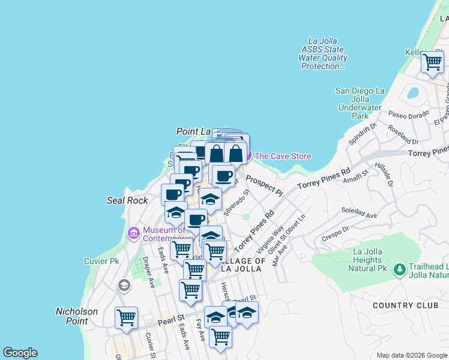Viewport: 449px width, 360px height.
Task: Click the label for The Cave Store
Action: click(283, 157)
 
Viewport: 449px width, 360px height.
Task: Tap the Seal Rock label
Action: click(127, 200)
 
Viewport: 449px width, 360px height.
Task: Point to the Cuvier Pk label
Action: click(101, 261)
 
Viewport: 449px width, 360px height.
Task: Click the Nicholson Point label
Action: click(77, 316)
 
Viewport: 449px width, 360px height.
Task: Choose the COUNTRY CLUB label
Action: click(405, 305)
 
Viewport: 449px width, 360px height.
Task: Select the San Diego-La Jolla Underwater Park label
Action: click(360, 103)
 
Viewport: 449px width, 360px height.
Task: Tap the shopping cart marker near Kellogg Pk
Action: click(432, 61)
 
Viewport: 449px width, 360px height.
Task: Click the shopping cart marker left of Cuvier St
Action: click(126, 317)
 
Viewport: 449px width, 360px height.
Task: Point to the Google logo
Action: click(20, 353)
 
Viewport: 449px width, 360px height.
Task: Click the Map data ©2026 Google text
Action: click(411, 355)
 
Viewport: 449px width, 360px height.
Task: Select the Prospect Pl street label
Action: click(264, 185)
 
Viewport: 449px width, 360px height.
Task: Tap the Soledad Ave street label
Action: click(359, 213)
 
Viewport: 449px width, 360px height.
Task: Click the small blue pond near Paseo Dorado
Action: click(412, 93)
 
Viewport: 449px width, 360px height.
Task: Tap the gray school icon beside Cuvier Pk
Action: click(124, 285)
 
